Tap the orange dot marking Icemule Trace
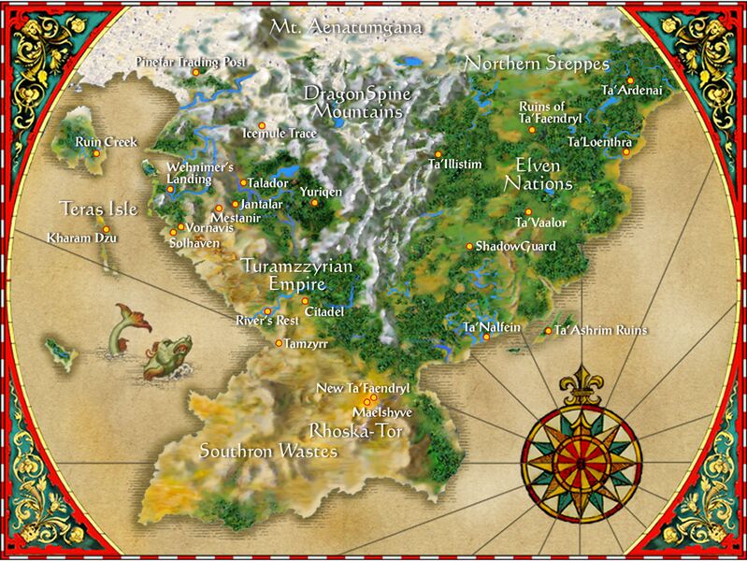[262, 125]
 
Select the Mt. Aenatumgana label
[346, 28]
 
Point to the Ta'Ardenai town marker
[630, 80]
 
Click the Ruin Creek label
[107, 142]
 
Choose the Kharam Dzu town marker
[106, 229]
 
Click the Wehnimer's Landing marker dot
[171, 189]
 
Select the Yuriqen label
[321, 191]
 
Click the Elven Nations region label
[538, 174]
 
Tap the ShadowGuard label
[515, 247]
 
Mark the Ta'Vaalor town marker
[527, 212]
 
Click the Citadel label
[325, 310]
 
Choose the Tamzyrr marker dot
[278, 343]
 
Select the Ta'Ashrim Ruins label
[599, 330]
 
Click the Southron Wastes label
[268, 452]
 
